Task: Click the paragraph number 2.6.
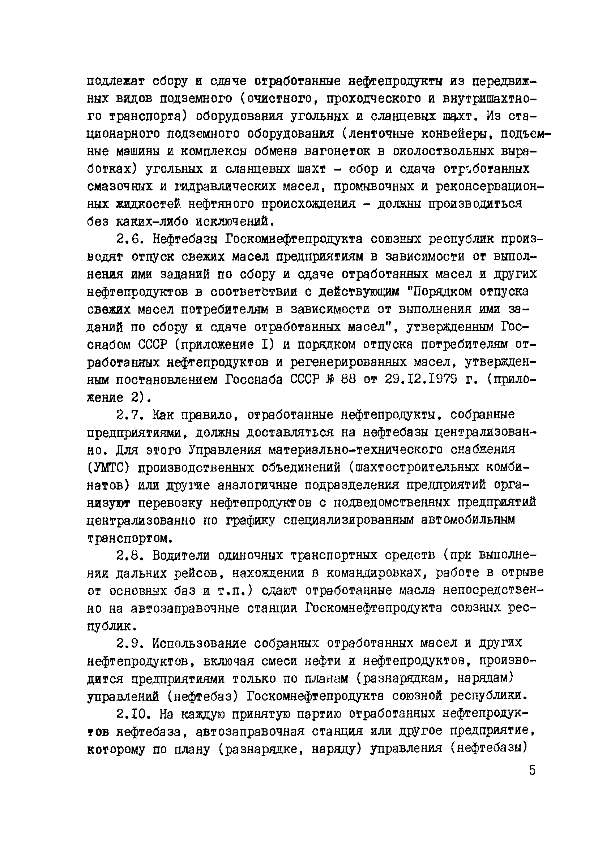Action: click(x=129, y=239)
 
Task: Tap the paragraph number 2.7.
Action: click(x=129, y=415)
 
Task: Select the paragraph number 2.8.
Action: click(x=129, y=556)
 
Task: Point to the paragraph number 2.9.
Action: click(x=129, y=643)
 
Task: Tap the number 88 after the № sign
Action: click(x=348, y=379)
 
